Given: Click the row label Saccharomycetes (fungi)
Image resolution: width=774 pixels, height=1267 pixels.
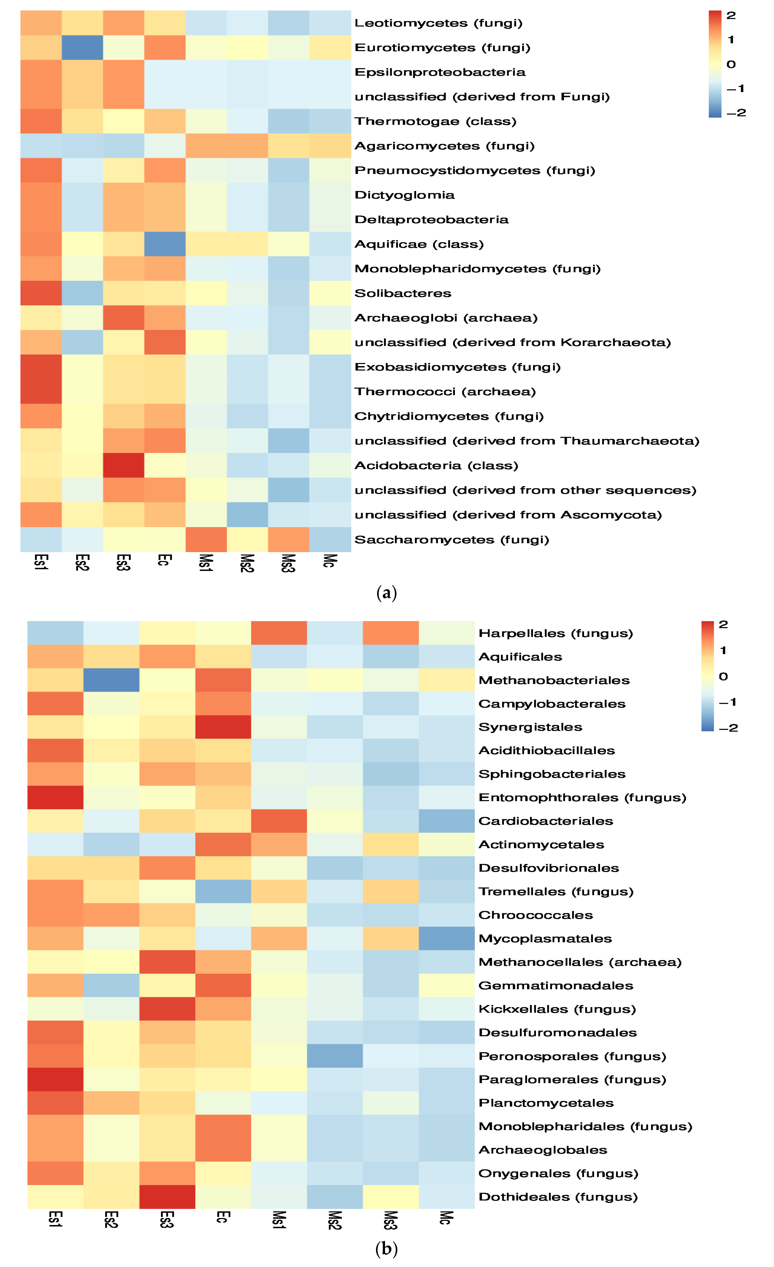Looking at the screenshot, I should (452, 539).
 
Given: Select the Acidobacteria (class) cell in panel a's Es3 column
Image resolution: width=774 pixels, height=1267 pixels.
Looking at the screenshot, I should (123, 465).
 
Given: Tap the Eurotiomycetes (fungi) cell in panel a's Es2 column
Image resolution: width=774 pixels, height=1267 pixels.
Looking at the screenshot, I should (82, 47).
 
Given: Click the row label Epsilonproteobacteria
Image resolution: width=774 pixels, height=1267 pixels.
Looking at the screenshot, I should (440, 72).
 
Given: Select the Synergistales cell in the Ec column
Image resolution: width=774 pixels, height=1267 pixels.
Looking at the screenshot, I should (223, 727).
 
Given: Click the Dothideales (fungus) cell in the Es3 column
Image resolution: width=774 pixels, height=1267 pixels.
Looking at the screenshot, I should (167, 1197).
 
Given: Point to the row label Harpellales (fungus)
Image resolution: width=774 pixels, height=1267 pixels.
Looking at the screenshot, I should (555, 633).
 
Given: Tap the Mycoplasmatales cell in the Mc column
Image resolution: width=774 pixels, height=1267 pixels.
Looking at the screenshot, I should (446, 938).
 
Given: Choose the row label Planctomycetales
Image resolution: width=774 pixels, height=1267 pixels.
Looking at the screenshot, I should (546, 1103).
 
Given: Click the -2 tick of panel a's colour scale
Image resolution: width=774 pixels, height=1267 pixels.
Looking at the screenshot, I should (736, 113).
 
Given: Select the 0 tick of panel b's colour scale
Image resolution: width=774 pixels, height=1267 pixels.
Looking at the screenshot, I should (723, 676).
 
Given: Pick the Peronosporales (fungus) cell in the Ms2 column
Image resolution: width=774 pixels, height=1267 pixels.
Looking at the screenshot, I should (335, 1056).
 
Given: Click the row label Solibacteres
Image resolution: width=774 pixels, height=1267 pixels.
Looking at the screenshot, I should (403, 293).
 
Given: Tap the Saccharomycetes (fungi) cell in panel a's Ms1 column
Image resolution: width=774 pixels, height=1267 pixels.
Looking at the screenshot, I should (206, 539).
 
